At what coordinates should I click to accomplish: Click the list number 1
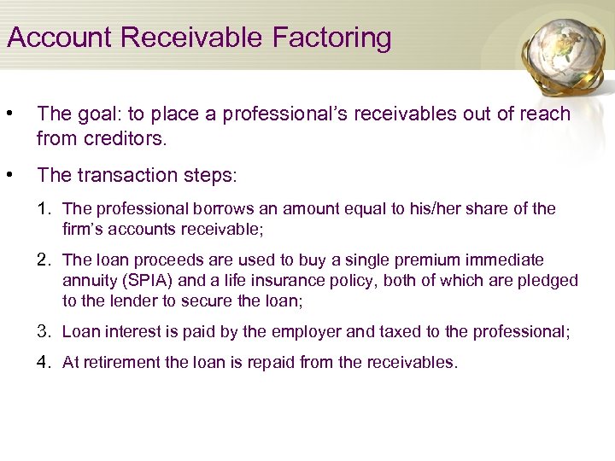pos(45,208)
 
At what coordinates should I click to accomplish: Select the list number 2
pos(45,260)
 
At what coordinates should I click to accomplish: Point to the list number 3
pos(45,331)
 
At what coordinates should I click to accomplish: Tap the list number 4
pos(45,362)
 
